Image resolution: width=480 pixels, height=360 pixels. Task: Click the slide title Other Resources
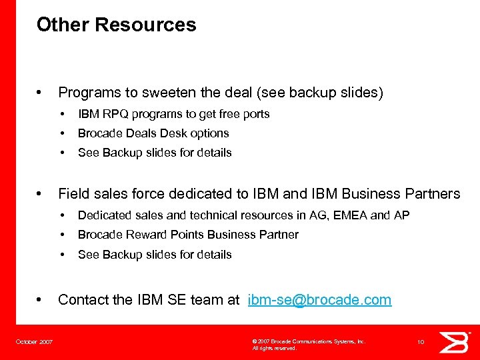coord(116,25)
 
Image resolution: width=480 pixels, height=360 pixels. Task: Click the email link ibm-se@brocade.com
coord(319,300)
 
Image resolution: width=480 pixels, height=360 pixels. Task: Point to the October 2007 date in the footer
coord(35,342)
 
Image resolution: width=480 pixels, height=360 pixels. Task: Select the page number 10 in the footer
coord(421,342)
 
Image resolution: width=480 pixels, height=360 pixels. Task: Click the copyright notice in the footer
coord(308,344)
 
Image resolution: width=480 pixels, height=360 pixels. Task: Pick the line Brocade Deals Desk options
coord(153,133)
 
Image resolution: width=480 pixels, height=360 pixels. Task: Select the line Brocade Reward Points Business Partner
coord(188,235)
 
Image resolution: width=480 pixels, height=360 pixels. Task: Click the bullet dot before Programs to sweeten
coord(41,92)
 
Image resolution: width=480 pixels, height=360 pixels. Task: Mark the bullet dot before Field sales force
coord(41,193)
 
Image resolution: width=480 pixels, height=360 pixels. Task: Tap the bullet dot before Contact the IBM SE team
coord(41,299)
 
